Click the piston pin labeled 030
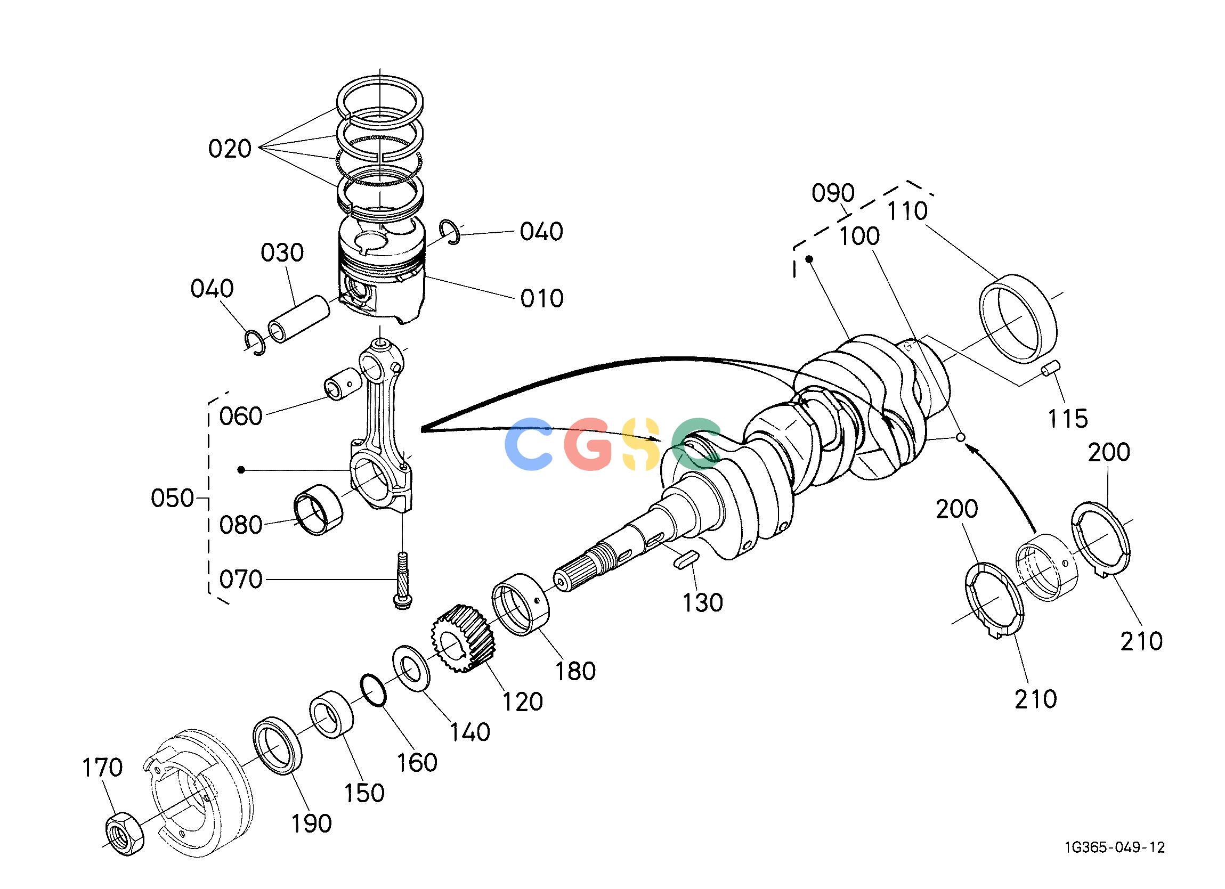[299, 320]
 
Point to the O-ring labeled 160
[373, 690]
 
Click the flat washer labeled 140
[411, 668]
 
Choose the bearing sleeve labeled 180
[520, 605]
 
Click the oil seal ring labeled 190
[278, 745]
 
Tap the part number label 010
[542, 299]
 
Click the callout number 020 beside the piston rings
[230, 149]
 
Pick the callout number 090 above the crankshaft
[833, 193]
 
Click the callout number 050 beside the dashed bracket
[172, 498]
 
